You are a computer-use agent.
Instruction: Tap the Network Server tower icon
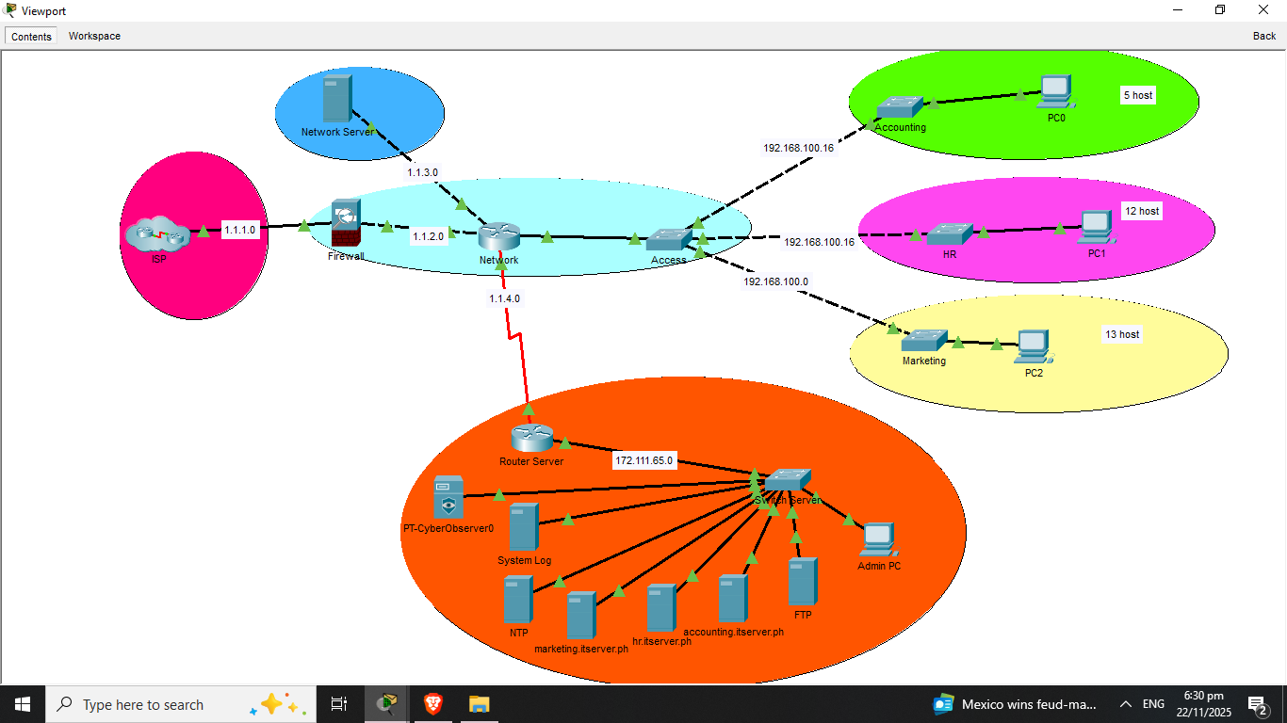(x=336, y=99)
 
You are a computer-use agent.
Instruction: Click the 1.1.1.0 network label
(x=239, y=229)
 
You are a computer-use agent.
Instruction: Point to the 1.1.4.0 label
(x=504, y=298)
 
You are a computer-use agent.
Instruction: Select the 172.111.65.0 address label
(x=644, y=461)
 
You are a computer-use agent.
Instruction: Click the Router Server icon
(x=531, y=439)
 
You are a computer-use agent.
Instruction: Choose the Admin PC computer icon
(x=878, y=539)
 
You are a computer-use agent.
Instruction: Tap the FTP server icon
(x=802, y=581)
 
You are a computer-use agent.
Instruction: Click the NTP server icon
(x=517, y=600)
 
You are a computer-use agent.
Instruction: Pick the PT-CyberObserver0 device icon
(x=448, y=497)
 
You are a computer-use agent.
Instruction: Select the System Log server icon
(x=524, y=527)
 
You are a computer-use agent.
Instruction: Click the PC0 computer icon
(x=1056, y=92)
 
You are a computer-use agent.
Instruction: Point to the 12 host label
(x=1142, y=211)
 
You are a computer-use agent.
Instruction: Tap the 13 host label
(x=1122, y=334)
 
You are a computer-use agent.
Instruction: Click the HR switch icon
(x=949, y=233)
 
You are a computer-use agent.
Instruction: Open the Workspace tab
(x=94, y=36)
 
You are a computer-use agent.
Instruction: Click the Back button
(x=1264, y=36)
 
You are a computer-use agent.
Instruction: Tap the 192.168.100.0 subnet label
(x=775, y=281)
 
